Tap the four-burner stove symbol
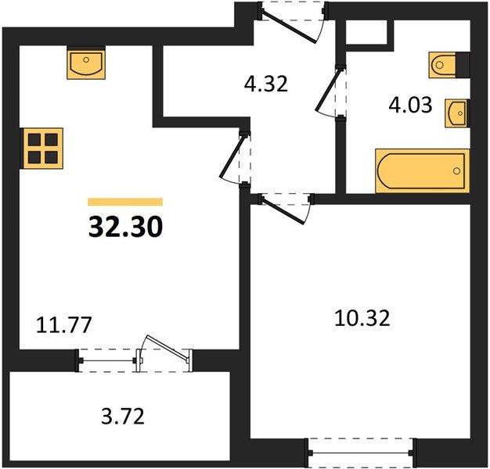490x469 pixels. [40, 146]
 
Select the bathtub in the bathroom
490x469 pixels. [422, 170]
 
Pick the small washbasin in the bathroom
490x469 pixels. [457, 113]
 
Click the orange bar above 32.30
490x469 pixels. [125, 202]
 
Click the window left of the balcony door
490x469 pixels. [109, 360]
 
